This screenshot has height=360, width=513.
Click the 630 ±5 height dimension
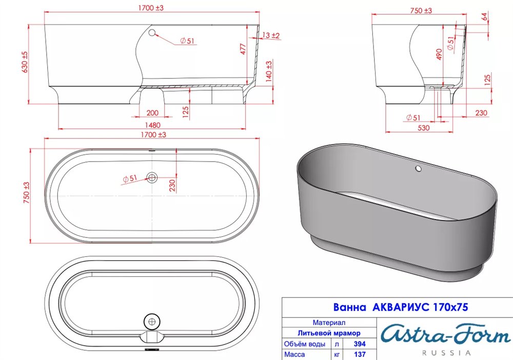[25, 62]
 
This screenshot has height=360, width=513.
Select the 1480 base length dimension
[152, 125]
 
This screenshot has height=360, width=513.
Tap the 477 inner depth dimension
[243, 49]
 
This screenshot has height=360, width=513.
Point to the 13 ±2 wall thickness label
[271, 35]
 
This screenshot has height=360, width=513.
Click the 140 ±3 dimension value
[269, 71]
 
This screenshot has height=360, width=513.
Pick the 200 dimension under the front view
[152, 113]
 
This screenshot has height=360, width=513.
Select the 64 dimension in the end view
[485, 16]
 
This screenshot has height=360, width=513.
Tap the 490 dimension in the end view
[439, 54]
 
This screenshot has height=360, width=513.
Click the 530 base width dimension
[423, 128]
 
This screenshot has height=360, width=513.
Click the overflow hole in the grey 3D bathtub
[418, 169]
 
